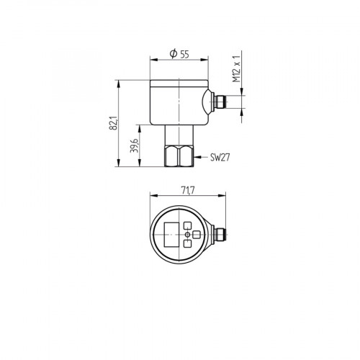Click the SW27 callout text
tap(220, 156)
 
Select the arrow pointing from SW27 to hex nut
tap(201, 156)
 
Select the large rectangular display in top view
tap(171, 235)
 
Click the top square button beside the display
tap(188, 225)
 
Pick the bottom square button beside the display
tap(188, 244)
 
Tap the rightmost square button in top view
tap(197, 235)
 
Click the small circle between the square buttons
tap(188, 235)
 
